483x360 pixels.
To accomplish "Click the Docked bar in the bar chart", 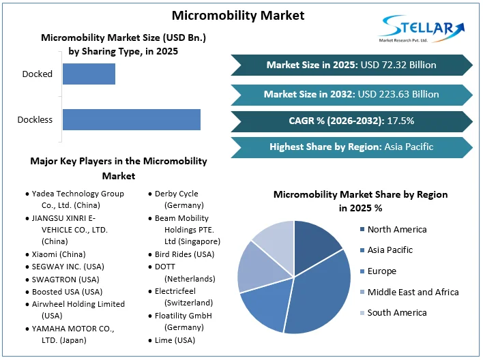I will click(x=89, y=74).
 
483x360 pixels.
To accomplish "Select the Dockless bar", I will click(x=131, y=119).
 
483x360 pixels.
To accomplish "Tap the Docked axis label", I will click(x=37, y=74).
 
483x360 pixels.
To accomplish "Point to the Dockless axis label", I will click(x=35, y=120).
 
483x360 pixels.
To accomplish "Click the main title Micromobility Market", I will click(x=238, y=15).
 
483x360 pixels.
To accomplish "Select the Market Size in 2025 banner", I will click(x=351, y=65).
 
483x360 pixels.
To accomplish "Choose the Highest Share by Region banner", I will click(x=351, y=147).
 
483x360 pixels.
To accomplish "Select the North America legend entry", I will click(x=396, y=229).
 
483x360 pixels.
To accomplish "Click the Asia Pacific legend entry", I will click(x=390, y=250).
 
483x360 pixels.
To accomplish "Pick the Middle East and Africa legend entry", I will click(x=412, y=292).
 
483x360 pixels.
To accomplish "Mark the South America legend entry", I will click(x=396, y=312).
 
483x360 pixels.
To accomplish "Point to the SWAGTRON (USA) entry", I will click(x=65, y=279).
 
